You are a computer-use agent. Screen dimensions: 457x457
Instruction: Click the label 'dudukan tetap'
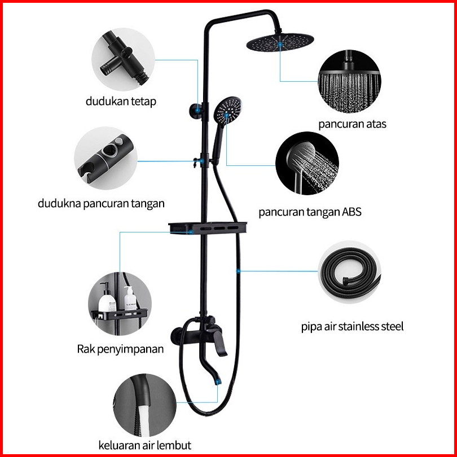pyautogui.click(x=121, y=102)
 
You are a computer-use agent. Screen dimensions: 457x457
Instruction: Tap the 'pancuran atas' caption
pyautogui.click(x=352, y=124)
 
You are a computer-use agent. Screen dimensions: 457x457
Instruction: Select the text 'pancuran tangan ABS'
pyautogui.click(x=310, y=212)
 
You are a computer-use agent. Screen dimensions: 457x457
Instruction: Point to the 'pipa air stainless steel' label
pyautogui.click(x=352, y=327)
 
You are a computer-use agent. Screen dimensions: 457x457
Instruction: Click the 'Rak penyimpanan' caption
pyautogui.click(x=120, y=349)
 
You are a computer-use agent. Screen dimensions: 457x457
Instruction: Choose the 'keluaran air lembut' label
pyautogui.click(x=145, y=445)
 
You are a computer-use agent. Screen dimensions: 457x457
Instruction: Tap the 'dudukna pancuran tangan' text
pyautogui.click(x=101, y=204)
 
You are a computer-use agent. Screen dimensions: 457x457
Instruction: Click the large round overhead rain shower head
pyautogui.click(x=280, y=43)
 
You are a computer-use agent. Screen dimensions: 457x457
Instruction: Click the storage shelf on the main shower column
pyautogui.click(x=208, y=227)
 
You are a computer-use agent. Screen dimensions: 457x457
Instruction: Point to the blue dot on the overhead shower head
pyautogui.click(x=280, y=44)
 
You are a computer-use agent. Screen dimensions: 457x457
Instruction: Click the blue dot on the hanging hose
pyautogui.click(x=238, y=271)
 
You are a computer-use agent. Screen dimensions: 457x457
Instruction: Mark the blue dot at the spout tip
pyautogui.click(x=218, y=381)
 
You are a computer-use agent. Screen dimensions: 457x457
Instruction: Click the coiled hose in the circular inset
pyautogui.click(x=349, y=272)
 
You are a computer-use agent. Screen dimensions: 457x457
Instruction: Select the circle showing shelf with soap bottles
pyautogui.click(x=120, y=304)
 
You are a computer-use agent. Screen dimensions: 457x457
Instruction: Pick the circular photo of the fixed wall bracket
pyautogui.click(x=124, y=59)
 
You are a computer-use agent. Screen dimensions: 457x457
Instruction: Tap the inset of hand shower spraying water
pyautogui.click(x=307, y=163)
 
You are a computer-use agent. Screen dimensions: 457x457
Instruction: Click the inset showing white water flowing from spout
pyautogui.click(x=145, y=405)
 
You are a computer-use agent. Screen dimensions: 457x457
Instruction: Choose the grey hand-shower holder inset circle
pyautogui.click(x=106, y=159)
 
